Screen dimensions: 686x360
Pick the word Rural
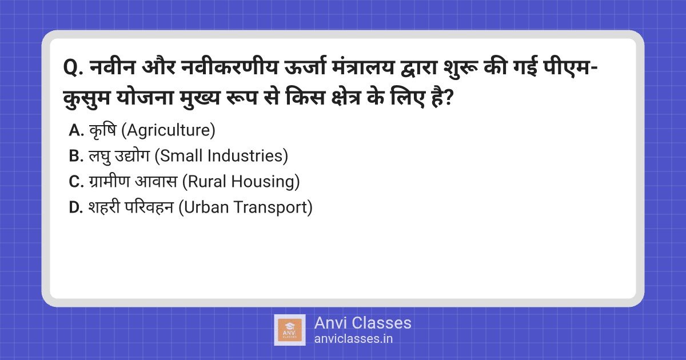click(x=208, y=181)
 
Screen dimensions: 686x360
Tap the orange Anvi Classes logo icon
click(x=290, y=330)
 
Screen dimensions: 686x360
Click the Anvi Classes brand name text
click(x=362, y=323)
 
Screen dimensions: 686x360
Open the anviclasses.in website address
click(x=353, y=339)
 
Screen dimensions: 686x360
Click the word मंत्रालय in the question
click(x=363, y=67)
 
